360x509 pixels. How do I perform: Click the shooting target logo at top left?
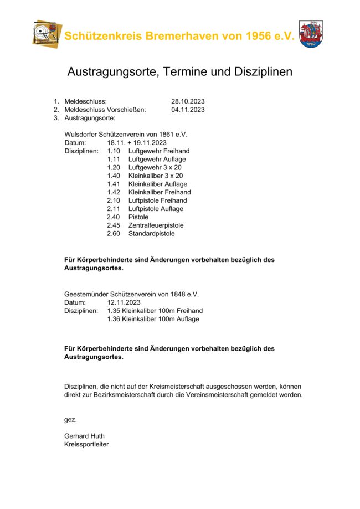[47, 33]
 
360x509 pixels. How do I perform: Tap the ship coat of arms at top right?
[311, 34]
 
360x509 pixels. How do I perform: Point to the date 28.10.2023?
[188, 101]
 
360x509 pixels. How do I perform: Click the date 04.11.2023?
[188, 110]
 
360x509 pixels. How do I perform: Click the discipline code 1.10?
[114, 151]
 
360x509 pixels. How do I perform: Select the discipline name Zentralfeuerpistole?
[156, 225]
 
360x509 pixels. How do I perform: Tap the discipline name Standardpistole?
[151, 234]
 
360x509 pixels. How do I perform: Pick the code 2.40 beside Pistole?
[114, 217]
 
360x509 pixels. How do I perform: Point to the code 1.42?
[114, 192]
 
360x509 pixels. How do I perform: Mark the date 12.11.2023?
[124, 302]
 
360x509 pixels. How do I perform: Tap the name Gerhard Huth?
[84, 436]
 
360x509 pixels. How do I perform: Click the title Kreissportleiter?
[86, 444]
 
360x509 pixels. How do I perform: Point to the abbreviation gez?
[70, 419]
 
